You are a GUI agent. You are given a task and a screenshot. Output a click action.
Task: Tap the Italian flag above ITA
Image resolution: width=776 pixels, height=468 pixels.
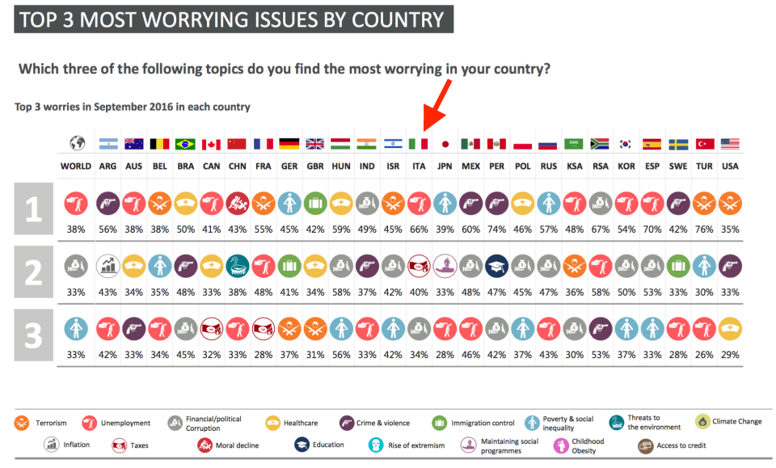pyautogui.click(x=418, y=144)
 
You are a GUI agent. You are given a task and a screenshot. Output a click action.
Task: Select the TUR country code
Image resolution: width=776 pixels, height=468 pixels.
pyautogui.click(x=705, y=167)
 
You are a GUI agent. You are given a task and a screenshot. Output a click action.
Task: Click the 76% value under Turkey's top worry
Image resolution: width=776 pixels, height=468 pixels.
pyautogui.click(x=705, y=230)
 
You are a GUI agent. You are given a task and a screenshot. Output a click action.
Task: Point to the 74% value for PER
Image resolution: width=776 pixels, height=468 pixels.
pyautogui.click(x=496, y=230)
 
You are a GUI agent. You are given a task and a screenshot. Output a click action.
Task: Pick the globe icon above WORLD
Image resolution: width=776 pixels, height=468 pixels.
pyautogui.click(x=76, y=144)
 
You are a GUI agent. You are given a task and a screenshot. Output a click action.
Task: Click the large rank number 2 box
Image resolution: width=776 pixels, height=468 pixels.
pyautogui.click(x=33, y=272)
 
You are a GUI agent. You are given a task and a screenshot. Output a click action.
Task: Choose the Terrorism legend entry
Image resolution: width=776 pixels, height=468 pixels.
pyautogui.click(x=41, y=423)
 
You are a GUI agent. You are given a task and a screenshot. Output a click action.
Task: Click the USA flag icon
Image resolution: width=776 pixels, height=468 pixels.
pyautogui.click(x=731, y=144)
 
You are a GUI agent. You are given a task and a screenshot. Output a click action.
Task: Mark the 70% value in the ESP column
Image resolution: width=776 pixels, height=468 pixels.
pyautogui.click(x=652, y=230)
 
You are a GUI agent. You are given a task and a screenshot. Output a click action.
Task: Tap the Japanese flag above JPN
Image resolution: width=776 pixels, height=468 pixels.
pyautogui.click(x=444, y=144)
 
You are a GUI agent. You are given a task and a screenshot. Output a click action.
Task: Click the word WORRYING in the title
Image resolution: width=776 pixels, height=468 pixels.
pyautogui.click(x=200, y=19)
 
